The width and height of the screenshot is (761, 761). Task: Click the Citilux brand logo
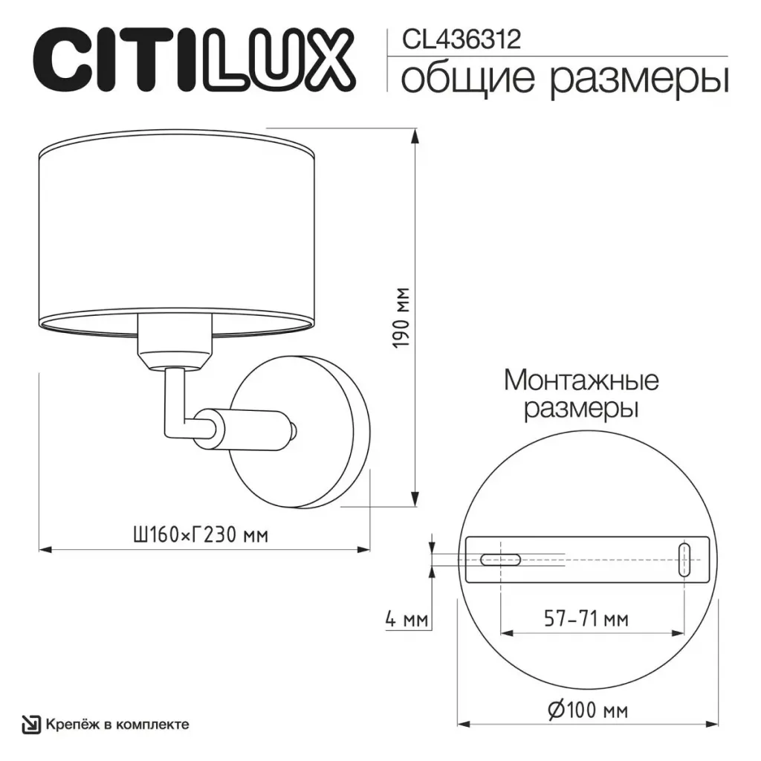click(194, 61)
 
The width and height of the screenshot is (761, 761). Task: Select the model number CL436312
click(461, 39)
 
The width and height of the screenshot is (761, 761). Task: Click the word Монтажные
click(581, 380)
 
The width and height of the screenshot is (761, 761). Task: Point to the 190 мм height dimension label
click(402, 318)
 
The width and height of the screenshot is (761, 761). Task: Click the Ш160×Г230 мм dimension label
click(201, 534)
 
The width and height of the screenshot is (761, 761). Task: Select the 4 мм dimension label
click(407, 619)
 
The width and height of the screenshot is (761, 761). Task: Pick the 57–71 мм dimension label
click(586, 619)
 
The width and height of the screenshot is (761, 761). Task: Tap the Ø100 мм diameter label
click(588, 710)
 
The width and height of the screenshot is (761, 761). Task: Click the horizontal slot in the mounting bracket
click(500, 560)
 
